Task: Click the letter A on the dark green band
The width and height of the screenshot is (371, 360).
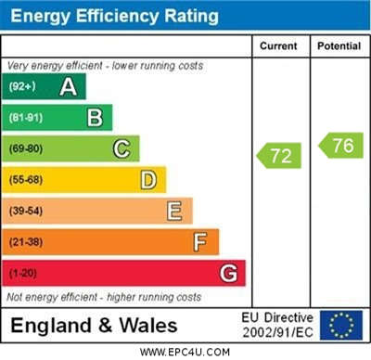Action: pyautogui.click(x=69, y=87)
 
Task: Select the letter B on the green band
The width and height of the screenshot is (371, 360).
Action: pyautogui.click(x=95, y=118)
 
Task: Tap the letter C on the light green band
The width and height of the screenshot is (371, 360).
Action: pyautogui.click(x=122, y=148)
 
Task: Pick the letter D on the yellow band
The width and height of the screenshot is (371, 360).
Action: pyautogui.click(x=148, y=180)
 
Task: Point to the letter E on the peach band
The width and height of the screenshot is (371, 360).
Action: pyautogui.click(x=174, y=211)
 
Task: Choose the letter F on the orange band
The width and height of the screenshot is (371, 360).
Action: pyautogui.click(x=200, y=242)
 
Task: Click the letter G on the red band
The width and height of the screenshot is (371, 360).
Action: pyautogui.click(x=228, y=273)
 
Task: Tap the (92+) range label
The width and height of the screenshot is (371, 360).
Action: pyautogui.click(x=22, y=86)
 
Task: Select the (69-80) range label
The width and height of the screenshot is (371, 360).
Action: pyautogui.click(x=26, y=148)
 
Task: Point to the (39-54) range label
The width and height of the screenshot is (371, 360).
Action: pyautogui.click(x=26, y=211)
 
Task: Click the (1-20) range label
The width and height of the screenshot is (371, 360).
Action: pyautogui.click(x=23, y=273)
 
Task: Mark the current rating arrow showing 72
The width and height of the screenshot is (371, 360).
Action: pyautogui.click(x=279, y=156)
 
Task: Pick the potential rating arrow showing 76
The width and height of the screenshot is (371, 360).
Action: pyautogui.click(x=340, y=146)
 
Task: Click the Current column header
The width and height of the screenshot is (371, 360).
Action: pyautogui.click(x=278, y=46)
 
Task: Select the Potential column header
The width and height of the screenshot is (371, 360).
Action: pyautogui.click(x=339, y=46)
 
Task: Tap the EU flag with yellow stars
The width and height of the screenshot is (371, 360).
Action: pyautogui.click(x=341, y=326)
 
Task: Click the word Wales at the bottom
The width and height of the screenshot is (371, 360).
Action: pyautogui.click(x=148, y=326)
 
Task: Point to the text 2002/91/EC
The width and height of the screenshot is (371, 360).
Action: pyautogui.click(x=277, y=333)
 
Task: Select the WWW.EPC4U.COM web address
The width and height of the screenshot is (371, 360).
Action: pyautogui.click(x=185, y=352)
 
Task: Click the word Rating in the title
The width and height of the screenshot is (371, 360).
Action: pyautogui.click(x=191, y=16)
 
